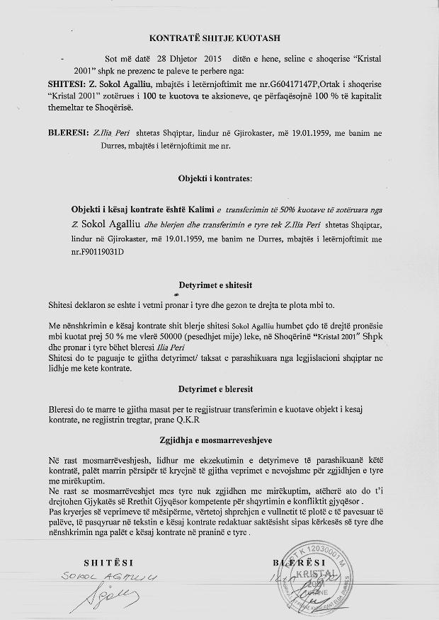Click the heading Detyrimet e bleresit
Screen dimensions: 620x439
(219, 389)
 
